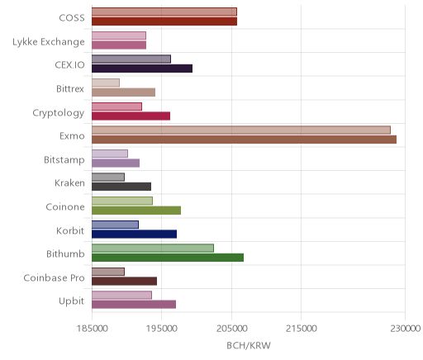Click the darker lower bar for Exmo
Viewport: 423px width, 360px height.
point(244,140)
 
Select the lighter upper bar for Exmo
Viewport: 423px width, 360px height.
point(241,130)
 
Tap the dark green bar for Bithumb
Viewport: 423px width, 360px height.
point(168,258)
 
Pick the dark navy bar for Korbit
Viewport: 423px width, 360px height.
point(135,234)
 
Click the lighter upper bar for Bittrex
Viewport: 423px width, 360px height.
point(106,83)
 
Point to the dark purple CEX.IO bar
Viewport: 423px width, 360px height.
point(142,69)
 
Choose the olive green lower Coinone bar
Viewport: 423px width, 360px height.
point(136,211)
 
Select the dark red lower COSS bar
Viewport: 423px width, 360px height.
point(164,21)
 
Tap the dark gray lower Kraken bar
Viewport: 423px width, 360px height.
point(121,187)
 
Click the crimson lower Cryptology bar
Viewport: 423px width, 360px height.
point(131,116)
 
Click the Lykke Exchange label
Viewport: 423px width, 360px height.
point(49,42)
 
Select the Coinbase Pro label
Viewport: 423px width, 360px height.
point(54,277)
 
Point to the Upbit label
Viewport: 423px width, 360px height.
point(71,301)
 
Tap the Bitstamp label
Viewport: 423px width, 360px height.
point(64,160)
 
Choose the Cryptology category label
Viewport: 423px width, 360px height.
point(59,113)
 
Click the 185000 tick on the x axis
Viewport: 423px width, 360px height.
point(92,329)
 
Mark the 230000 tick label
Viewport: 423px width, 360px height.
point(406,329)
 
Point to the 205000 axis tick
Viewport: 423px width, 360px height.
point(231,329)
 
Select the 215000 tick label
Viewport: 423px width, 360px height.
point(301,329)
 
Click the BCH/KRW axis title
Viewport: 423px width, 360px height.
point(249,345)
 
